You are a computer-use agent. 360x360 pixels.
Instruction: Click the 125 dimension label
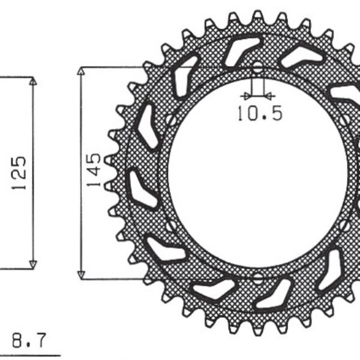point(19,173)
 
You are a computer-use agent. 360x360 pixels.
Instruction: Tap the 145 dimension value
point(94,170)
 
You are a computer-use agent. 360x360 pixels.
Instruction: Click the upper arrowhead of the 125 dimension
point(33,82)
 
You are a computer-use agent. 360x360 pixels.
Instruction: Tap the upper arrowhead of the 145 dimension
point(81,71)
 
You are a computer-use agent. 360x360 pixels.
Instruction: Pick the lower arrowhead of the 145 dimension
point(81,274)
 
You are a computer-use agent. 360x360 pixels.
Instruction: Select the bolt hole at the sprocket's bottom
point(257,278)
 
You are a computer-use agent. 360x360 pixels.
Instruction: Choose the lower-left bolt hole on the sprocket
point(172,226)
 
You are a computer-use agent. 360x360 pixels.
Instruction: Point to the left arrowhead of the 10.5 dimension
point(245,95)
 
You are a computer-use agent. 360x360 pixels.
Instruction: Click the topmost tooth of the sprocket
point(257,14)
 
